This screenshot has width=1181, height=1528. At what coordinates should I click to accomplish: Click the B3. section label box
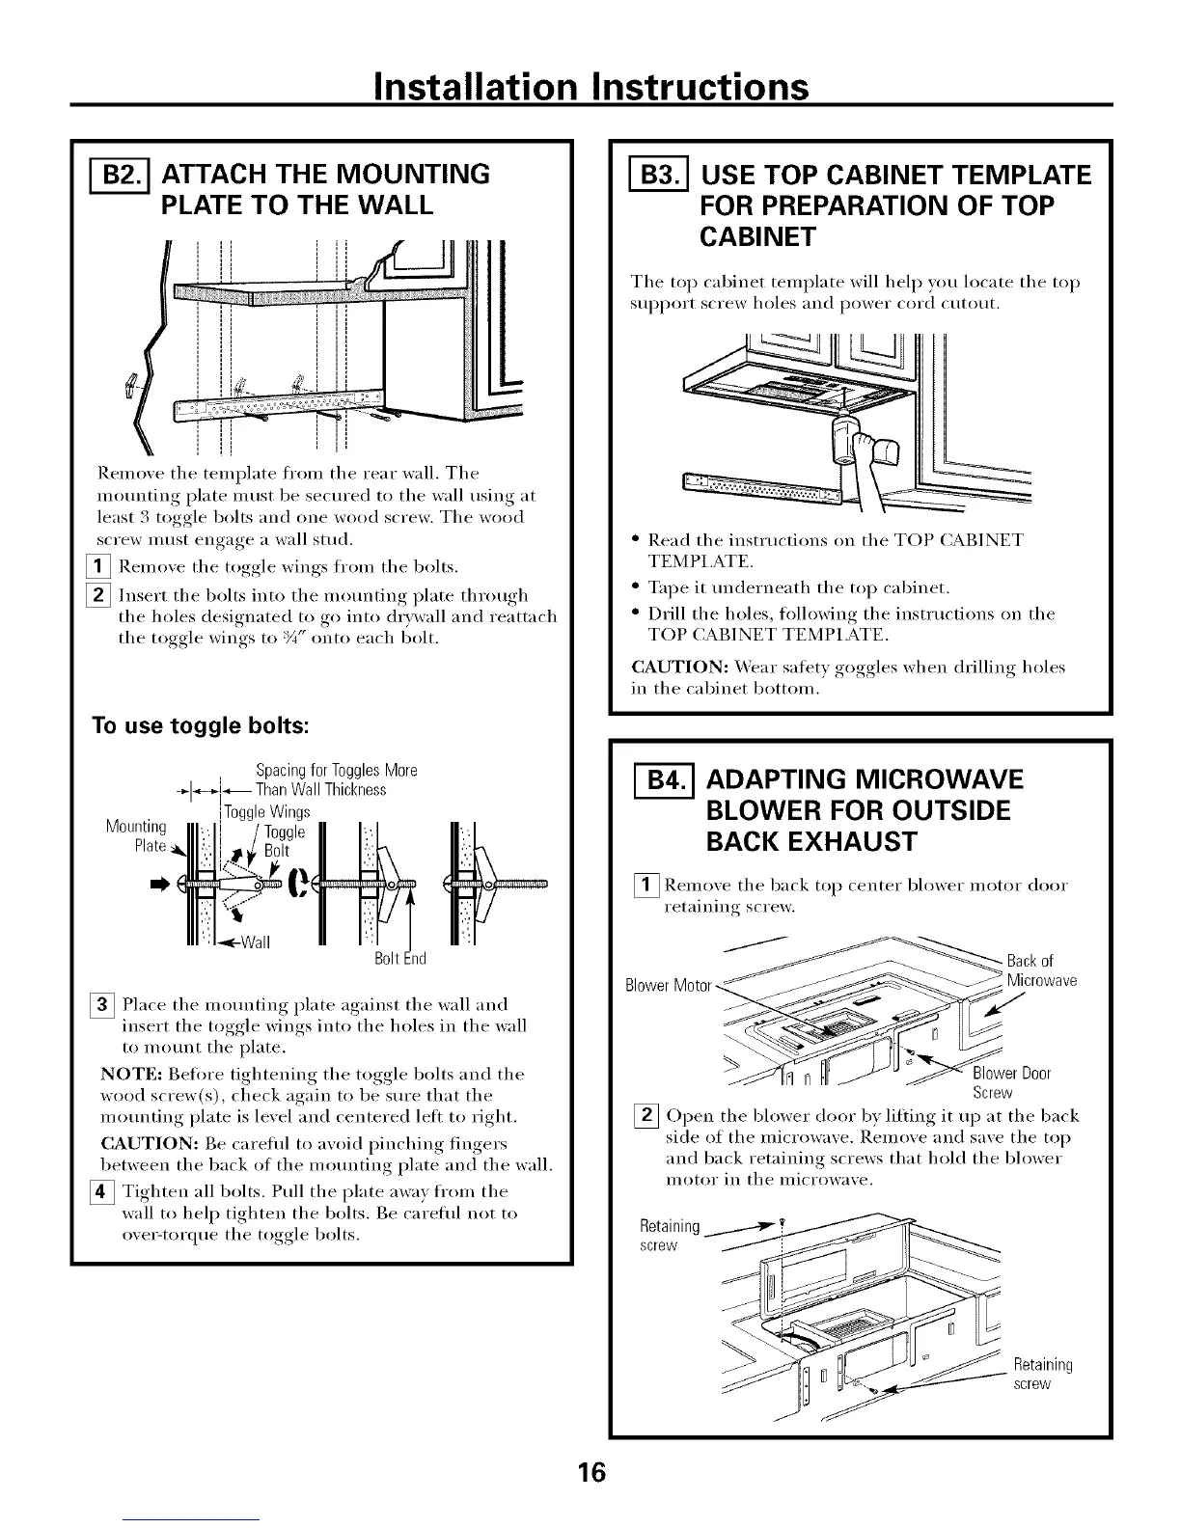click(662, 176)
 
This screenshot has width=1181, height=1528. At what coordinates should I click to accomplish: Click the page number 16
click(590, 1473)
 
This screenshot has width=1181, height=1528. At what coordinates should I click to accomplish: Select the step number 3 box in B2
click(106, 1004)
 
